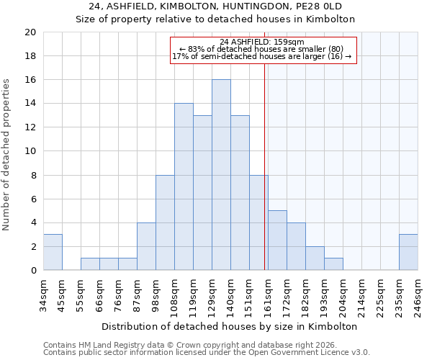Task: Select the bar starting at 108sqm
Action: pyautogui.click(x=184, y=186)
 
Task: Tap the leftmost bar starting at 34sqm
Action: pyautogui.click(x=53, y=252)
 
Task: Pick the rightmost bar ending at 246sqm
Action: pyautogui.click(x=408, y=252)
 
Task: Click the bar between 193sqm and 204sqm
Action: pyautogui.click(x=333, y=264)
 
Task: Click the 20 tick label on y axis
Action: pyautogui.click(x=30, y=32)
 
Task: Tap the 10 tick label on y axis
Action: pyautogui.click(x=30, y=151)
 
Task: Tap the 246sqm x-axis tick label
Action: pyautogui.click(x=418, y=295)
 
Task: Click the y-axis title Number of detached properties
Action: pyautogui.click(x=7, y=155)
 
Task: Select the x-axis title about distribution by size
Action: pyautogui.click(x=234, y=326)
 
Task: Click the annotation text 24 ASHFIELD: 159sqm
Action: pyautogui.click(x=262, y=42)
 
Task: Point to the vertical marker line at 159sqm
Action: pyautogui.click(x=265, y=180)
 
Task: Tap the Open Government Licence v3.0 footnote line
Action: pyautogui.click(x=207, y=353)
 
